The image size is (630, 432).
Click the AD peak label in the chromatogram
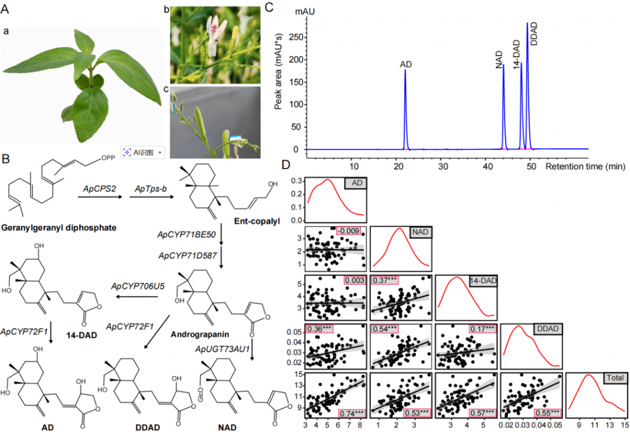click(x=405, y=64)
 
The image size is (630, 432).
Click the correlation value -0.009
click(x=351, y=232)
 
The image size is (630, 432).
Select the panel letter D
click(x=285, y=165)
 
